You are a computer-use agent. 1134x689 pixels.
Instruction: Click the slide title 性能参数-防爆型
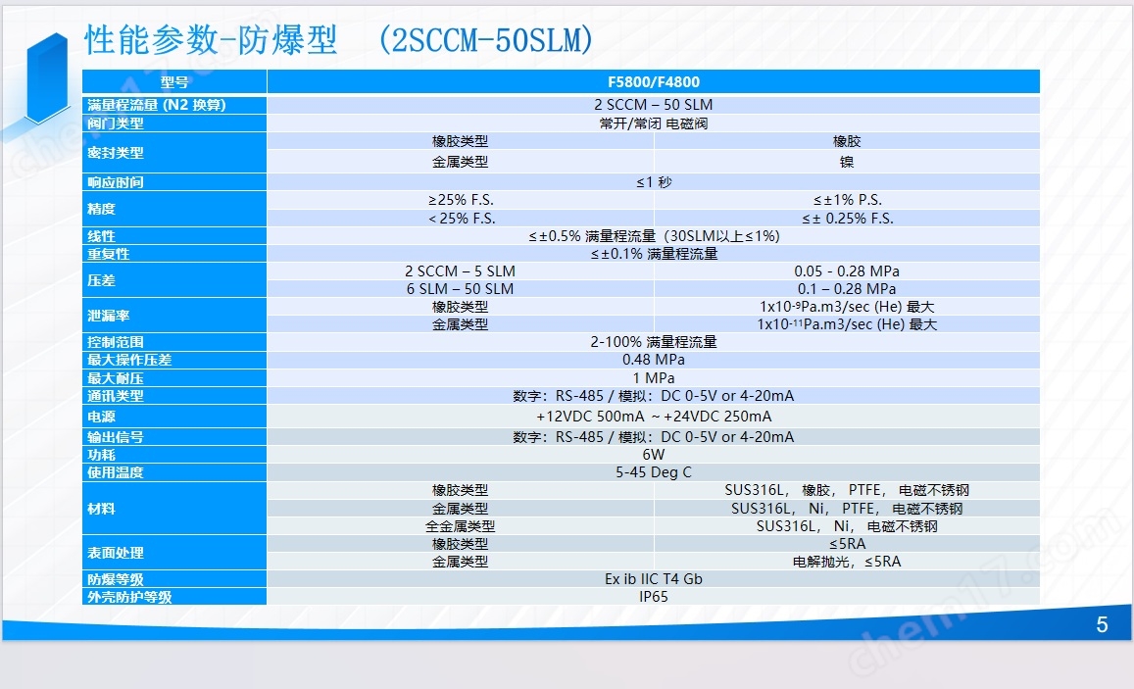point(211,40)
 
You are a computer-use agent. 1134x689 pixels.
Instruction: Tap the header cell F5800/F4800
point(653,81)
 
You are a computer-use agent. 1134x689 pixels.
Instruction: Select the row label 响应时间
point(116,182)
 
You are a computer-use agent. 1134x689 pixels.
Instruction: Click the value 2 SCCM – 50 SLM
point(653,105)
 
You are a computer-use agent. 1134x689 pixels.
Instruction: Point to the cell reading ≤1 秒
point(654,182)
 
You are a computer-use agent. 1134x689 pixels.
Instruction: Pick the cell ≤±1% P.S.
point(847,200)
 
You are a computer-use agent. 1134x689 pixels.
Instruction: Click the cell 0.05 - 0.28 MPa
point(847,271)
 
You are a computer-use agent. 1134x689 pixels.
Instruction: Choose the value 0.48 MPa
point(653,360)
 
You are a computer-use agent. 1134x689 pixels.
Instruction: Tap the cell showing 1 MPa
point(653,378)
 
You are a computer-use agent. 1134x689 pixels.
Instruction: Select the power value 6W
point(653,454)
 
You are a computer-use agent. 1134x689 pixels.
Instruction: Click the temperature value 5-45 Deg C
point(653,472)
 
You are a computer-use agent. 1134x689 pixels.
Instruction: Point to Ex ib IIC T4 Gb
point(653,579)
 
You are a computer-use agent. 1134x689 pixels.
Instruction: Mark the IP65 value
point(653,597)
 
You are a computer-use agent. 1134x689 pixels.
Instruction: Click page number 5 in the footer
point(1102,624)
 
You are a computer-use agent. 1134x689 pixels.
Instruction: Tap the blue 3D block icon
point(47,78)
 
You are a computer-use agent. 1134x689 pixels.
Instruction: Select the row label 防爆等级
point(116,579)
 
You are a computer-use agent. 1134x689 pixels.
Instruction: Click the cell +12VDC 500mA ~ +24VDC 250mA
point(653,417)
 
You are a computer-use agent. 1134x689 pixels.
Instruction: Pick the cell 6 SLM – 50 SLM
point(460,289)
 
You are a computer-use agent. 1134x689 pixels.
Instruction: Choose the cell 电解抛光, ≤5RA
point(847,562)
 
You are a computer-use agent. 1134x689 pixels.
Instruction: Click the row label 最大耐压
point(116,378)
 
